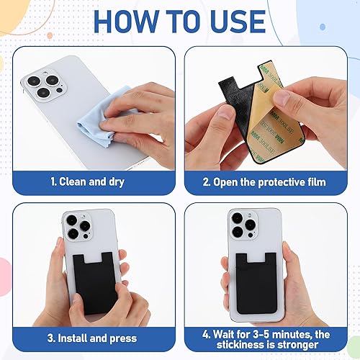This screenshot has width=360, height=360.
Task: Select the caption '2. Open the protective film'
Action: pos(269,181)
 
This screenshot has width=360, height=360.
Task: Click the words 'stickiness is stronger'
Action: pos(269,343)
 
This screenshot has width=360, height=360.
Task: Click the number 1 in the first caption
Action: pos(52,181)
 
